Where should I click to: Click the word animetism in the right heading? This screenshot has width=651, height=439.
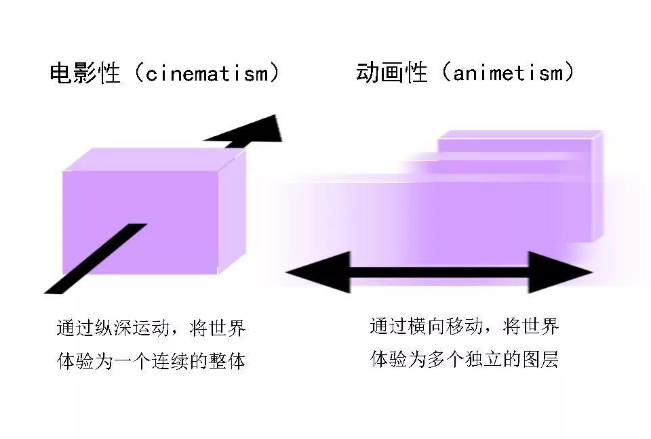(x=508, y=73)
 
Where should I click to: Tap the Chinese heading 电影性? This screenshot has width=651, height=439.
(x=85, y=73)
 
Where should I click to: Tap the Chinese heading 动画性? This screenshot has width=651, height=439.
(x=391, y=72)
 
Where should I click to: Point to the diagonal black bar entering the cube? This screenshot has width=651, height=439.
(x=96, y=259)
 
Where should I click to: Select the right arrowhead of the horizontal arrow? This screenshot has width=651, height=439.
(x=560, y=272)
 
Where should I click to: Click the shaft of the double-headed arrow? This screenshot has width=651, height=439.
(x=439, y=272)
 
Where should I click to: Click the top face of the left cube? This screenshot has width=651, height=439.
(x=155, y=159)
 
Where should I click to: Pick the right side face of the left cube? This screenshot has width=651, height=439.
(x=232, y=211)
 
